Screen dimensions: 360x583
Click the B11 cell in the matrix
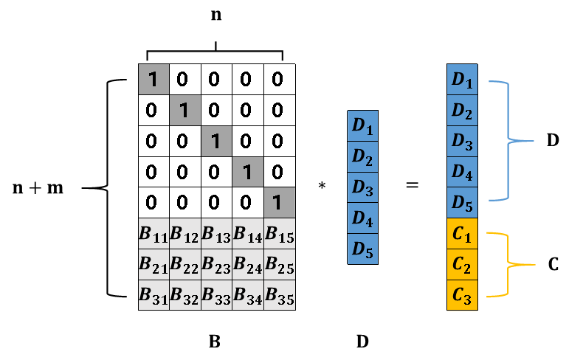[153, 234]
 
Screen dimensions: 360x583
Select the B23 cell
[216, 265]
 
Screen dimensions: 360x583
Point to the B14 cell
[247, 234]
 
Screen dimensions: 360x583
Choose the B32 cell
[184, 295]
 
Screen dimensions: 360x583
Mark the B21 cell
[153, 265]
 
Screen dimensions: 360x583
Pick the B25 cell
[279, 265]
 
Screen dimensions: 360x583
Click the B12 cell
[184, 234]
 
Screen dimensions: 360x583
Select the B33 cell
[216, 295]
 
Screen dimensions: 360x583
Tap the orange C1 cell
[462, 234]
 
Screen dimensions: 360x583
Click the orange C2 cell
[462, 265]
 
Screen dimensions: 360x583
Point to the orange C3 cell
[462, 295]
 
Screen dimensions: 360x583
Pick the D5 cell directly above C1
[462, 202]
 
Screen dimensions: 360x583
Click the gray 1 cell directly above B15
[279, 202]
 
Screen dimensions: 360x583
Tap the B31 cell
[153, 295]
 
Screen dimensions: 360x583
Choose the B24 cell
[247, 265]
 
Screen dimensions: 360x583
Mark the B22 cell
[184, 265]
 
